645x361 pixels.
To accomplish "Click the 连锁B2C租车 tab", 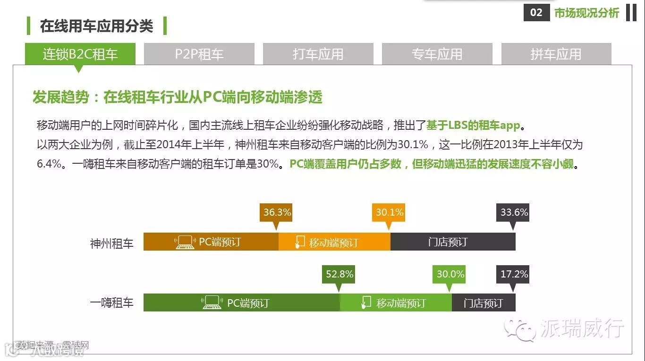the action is coord(80,54).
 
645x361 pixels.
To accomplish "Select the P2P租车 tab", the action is coord(199,54).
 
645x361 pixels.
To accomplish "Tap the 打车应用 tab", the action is coord(318,54).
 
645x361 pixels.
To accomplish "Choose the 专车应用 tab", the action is coord(437,54).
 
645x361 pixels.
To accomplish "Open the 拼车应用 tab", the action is coord(556,54).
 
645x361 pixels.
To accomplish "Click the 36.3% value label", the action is coord(277,212).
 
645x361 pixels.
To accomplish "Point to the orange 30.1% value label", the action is coord(390,212).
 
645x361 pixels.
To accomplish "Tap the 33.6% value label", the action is coord(514,212).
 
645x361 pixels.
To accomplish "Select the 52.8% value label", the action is coord(339,274).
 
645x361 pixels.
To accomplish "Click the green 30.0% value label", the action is coord(450,274).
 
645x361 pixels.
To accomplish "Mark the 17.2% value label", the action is coord(514,274).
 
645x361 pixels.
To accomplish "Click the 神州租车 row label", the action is coord(112,243).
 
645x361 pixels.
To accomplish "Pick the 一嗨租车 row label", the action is coord(112,302).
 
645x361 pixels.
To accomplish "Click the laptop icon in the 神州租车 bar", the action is coord(185,243).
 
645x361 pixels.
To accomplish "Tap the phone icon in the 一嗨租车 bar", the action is coord(366,302).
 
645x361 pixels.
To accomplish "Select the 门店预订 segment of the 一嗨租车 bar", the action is coord(484,302).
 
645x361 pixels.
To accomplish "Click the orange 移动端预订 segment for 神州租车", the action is coord(334,242).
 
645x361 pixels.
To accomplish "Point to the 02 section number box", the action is coord(536,13).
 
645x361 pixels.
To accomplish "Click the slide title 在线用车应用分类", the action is coord(97,26).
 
